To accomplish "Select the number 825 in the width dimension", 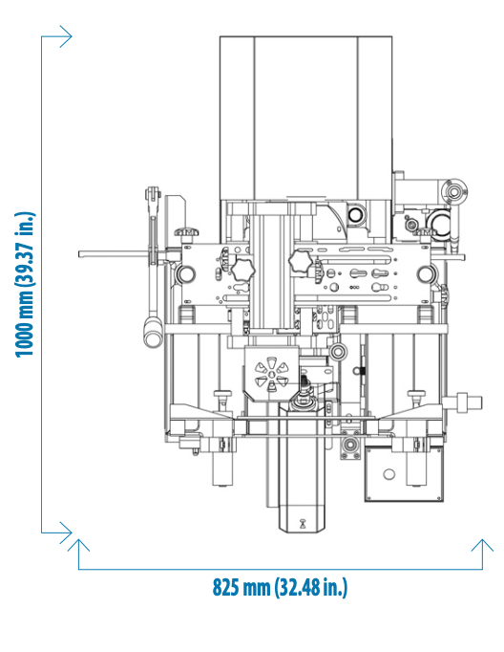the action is [226, 587].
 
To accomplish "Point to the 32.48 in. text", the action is [310, 588].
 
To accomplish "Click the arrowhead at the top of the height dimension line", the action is [66, 36].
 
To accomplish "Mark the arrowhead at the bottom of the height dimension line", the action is [66, 532].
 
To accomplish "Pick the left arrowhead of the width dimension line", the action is [78, 546].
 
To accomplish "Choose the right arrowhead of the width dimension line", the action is [482, 546].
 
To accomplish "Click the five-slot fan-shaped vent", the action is [271, 374].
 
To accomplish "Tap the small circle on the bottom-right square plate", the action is [389, 473].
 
